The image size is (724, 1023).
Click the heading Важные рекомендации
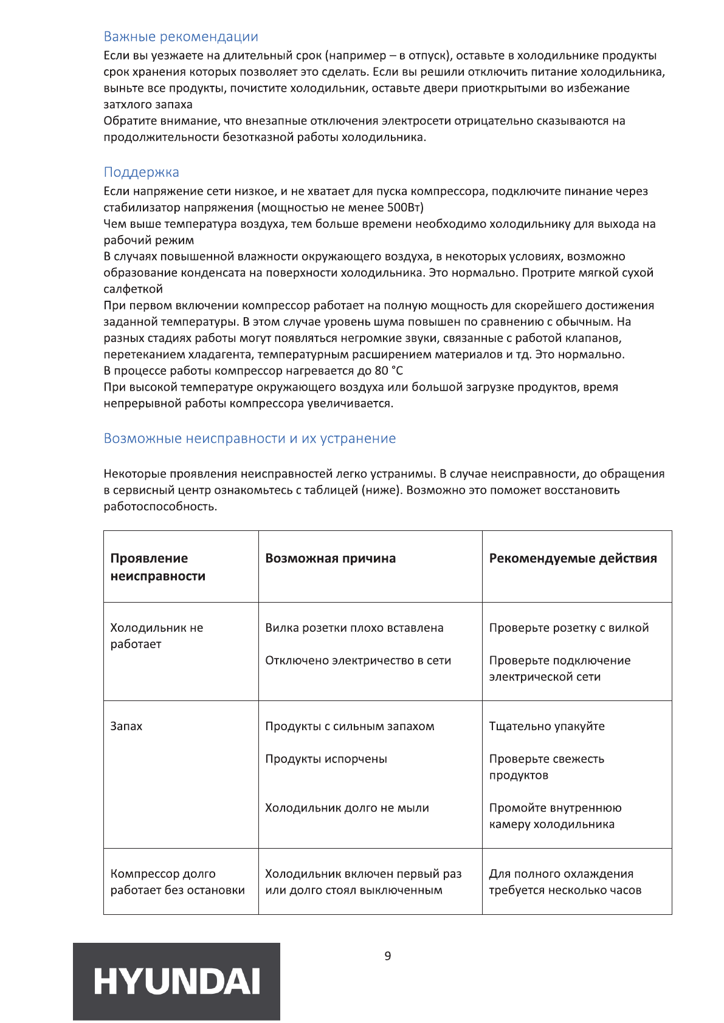pyautogui.click(x=181, y=37)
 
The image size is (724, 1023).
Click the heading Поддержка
pyautogui.click(x=141, y=173)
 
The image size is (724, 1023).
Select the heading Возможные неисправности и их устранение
pyautogui.click(x=249, y=439)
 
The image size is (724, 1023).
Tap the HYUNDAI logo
pyautogui.click(x=176, y=981)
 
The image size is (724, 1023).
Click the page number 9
pyautogui.click(x=388, y=956)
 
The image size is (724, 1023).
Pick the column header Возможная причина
pyautogui.click(x=330, y=559)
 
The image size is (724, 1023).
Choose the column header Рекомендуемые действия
pyautogui.click(x=573, y=559)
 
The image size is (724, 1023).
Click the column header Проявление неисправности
pyautogui.click(x=157, y=567)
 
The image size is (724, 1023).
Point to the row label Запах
pyautogui.click(x=126, y=727)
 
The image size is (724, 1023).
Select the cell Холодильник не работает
pyautogui.click(x=156, y=636)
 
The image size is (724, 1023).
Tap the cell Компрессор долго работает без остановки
pyautogui.click(x=177, y=882)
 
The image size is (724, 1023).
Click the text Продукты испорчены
pyautogui.click(x=326, y=759)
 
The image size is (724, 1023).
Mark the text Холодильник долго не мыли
pyautogui.click(x=346, y=809)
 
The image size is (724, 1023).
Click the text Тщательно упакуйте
pyautogui.click(x=546, y=727)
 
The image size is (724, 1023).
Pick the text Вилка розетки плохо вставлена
pyautogui.click(x=354, y=628)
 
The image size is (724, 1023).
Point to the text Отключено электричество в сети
pyautogui.click(x=357, y=661)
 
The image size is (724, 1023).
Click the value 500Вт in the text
pyautogui.click(x=405, y=208)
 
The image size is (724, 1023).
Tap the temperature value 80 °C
pyautogui.click(x=389, y=371)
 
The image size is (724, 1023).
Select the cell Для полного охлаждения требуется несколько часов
pyautogui.click(x=565, y=882)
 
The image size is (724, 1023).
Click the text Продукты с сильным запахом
pyautogui.click(x=350, y=727)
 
